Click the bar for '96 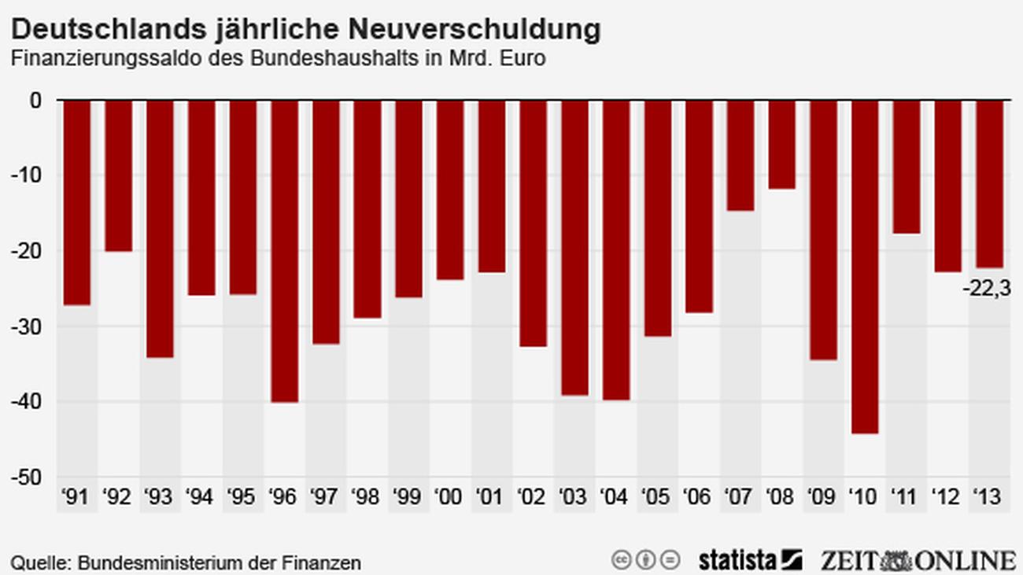(x=284, y=251)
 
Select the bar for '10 (x=864, y=267)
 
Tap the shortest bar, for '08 (x=781, y=145)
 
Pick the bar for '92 (x=119, y=176)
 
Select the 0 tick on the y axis (x=36, y=101)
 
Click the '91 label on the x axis (x=76, y=497)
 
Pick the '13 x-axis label (x=988, y=497)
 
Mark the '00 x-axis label (x=449, y=497)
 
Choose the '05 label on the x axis (x=656, y=497)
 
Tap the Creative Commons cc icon (x=622, y=560)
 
